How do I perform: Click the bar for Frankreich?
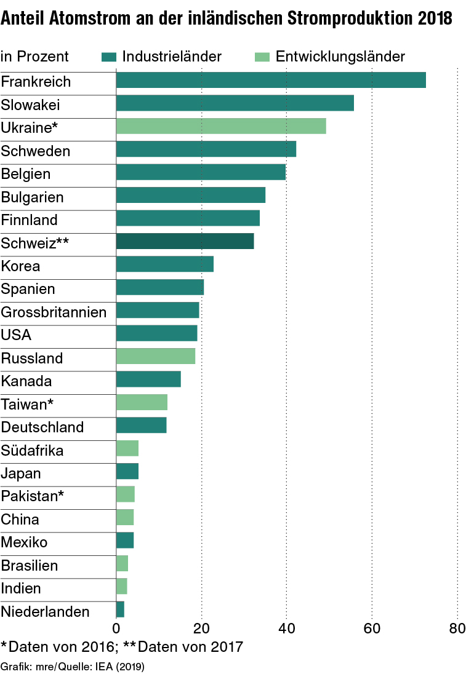(271, 80)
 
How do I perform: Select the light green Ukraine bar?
(221, 126)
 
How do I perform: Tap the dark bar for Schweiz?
(185, 241)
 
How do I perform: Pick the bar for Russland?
(156, 356)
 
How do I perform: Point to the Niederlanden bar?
(120, 609)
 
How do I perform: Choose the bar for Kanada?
(148, 379)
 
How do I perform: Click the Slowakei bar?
(235, 103)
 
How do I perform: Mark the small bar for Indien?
(122, 587)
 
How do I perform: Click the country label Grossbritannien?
(54, 312)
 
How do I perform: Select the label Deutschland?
(42, 427)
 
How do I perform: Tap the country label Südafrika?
(32, 450)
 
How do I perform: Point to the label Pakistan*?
(33, 496)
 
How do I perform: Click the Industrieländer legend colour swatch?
(109, 57)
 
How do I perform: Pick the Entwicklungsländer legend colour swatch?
(262, 57)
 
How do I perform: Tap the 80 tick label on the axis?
(457, 628)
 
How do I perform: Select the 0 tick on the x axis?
(116, 628)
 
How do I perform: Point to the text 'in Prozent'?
(34, 57)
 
